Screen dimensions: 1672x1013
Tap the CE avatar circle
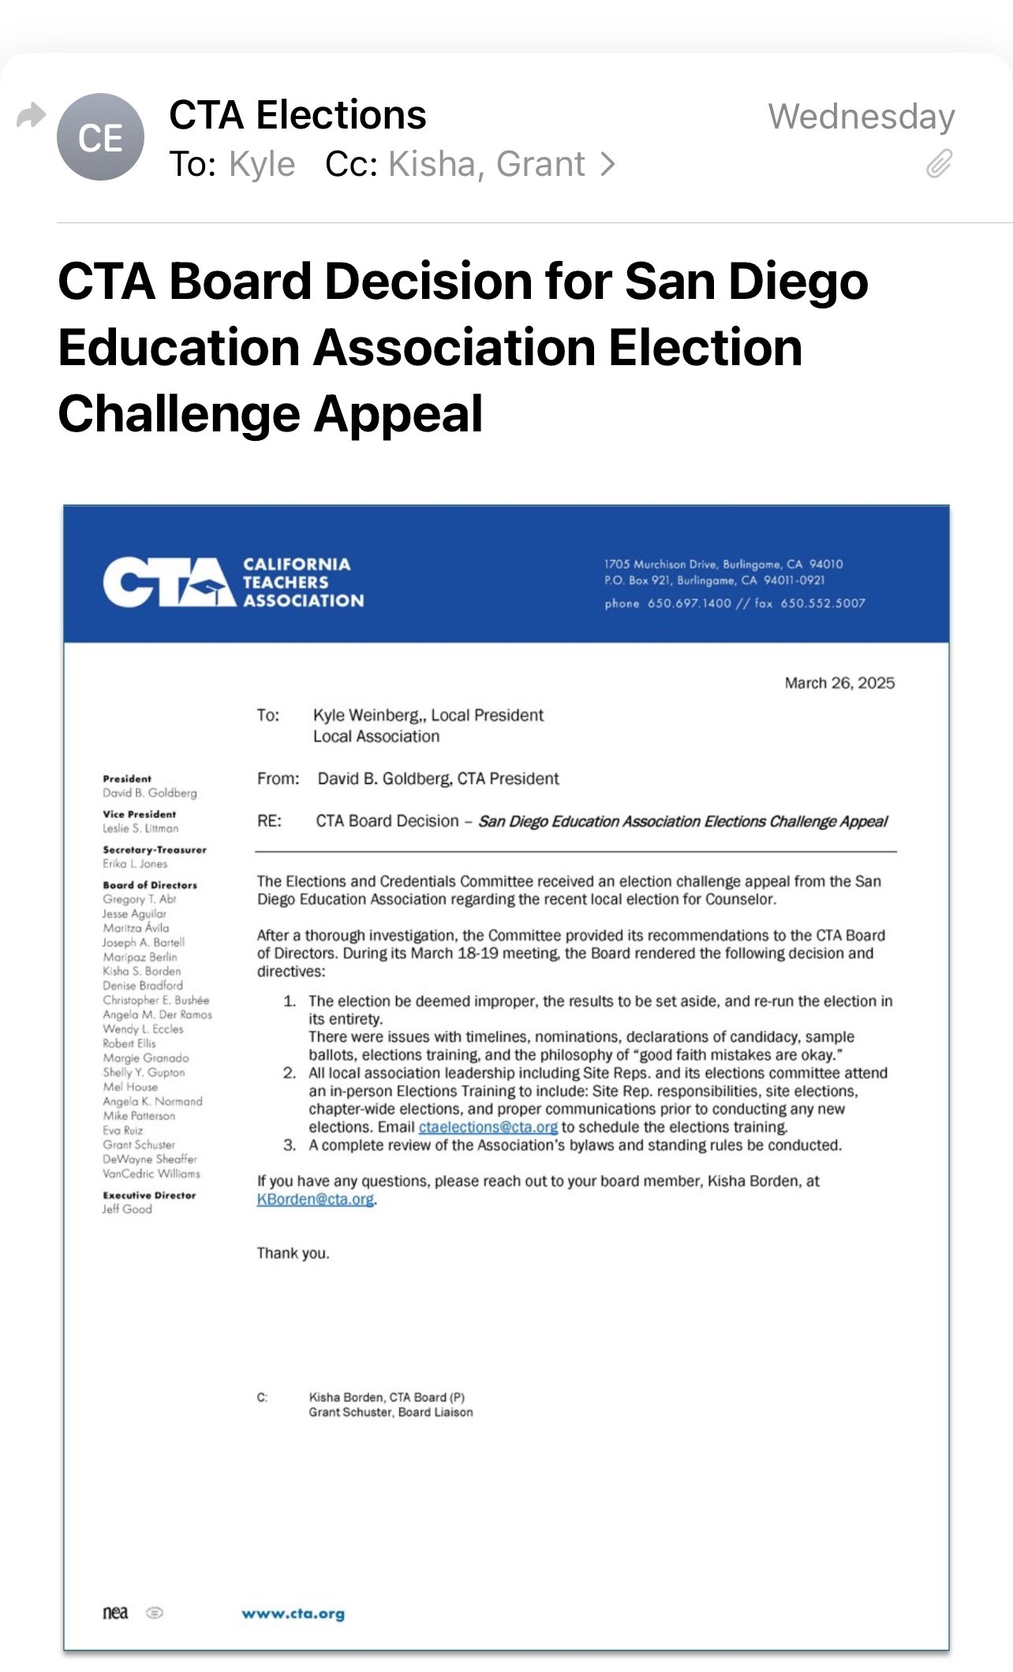100,137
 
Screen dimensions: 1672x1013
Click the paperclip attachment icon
939,164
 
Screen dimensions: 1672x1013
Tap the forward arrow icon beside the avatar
31,116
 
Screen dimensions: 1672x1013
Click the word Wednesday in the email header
861,117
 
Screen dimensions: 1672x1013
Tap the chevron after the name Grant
607,164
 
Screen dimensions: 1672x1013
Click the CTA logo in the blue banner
169,583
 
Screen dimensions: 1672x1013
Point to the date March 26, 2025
839,683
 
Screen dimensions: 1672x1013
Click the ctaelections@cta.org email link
488,1127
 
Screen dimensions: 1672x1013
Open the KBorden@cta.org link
315,1200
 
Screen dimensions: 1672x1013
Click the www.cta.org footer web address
293,1614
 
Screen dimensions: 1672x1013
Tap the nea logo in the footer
115,1613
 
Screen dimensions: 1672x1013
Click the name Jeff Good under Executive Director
127,1209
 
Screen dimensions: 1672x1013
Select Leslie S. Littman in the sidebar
140,828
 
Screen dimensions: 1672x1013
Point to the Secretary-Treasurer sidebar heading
155,849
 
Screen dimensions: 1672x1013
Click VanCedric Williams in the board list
151,1174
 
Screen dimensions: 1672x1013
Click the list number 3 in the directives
290,1145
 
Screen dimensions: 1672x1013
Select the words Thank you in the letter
293,1253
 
